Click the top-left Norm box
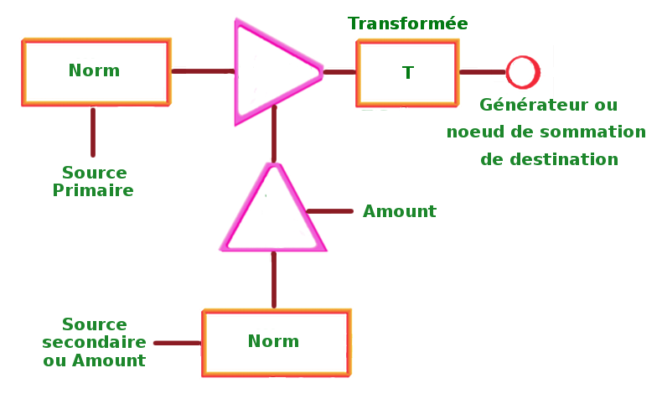pos(96,72)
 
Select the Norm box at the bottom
pos(276,342)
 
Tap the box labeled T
pos(407,72)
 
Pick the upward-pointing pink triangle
pos(273,213)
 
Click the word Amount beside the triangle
pos(399,212)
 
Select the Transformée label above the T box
pos(408,23)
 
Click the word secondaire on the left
pos(94,342)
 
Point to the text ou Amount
pos(94,360)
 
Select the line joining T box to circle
pos(482,72)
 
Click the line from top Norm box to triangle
pos(201,71)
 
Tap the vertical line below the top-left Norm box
pos(93,132)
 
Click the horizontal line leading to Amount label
pos(331,211)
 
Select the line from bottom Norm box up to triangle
pos(274,281)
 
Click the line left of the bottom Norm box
pos(177,342)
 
